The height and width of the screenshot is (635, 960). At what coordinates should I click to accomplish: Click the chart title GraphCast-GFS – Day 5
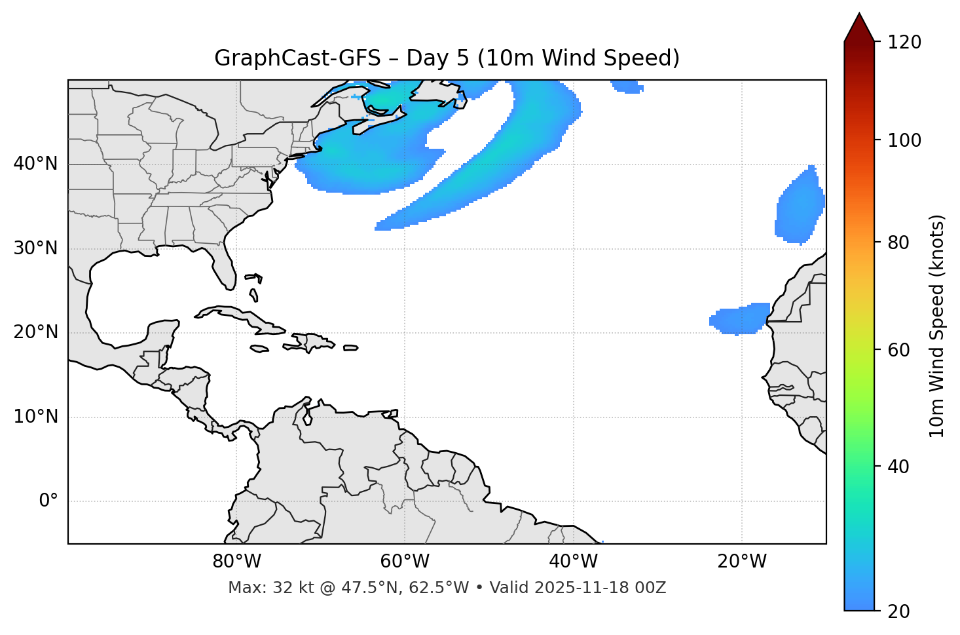click(x=447, y=58)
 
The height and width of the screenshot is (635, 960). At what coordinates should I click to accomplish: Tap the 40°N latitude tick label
click(x=35, y=164)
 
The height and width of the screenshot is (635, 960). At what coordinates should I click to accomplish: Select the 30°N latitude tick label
click(x=35, y=248)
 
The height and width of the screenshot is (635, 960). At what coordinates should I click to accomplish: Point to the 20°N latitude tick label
click(x=35, y=332)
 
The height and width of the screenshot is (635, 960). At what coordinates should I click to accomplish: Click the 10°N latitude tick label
click(x=35, y=417)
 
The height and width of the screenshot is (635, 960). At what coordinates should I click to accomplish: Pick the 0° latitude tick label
click(x=48, y=501)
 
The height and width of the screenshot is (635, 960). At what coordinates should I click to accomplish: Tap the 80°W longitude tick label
click(x=236, y=562)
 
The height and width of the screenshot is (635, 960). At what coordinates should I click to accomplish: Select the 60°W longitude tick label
click(x=405, y=562)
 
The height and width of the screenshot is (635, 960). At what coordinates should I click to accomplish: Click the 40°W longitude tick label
click(x=574, y=562)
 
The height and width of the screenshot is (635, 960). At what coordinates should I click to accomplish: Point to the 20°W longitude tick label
click(x=742, y=562)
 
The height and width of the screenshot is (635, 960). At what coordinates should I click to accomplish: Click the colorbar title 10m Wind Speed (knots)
click(x=937, y=326)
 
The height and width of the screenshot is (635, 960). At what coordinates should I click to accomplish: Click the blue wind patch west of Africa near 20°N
click(x=740, y=319)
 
